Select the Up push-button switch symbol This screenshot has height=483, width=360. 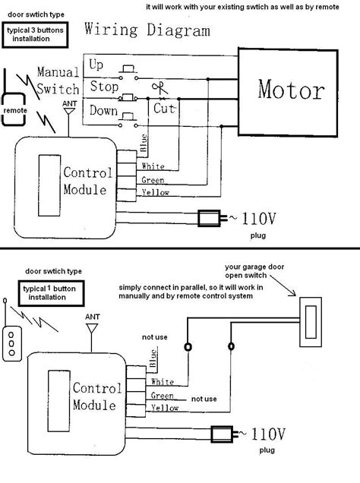click(x=128, y=72)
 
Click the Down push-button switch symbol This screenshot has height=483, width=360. click(x=128, y=120)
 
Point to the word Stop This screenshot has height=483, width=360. click(x=104, y=87)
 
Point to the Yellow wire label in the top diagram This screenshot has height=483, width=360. click(x=155, y=193)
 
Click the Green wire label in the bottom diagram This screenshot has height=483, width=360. click(x=163, y=396)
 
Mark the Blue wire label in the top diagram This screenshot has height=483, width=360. click(x=144, y=143)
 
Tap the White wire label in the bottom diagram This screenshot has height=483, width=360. click(x=163, y=382)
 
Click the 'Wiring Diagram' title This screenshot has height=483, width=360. click(x=147, y=30)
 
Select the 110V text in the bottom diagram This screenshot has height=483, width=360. click(x=268, y=434)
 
